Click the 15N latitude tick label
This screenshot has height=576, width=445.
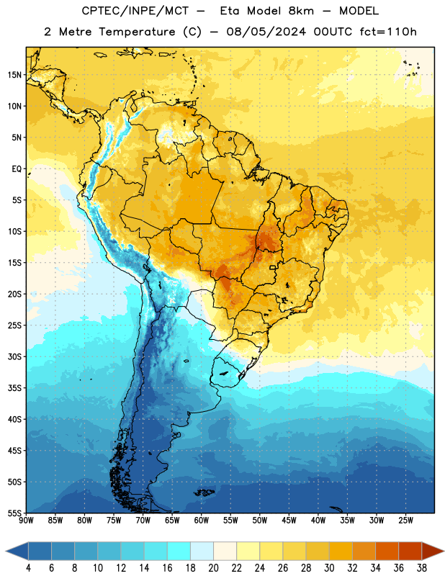(x=14, y=75)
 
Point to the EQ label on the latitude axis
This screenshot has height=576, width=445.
(x=17, y=169)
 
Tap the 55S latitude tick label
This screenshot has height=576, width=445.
(x=14, y=513)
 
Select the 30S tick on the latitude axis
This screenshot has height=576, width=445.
(x=14, y=356)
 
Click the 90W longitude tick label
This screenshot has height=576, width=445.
(x=26, y=521)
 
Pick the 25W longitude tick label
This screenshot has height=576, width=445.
(x=405, y=521)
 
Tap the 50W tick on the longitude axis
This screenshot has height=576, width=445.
(x=260, y=521)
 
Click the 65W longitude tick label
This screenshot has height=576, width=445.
(x=172, y=521)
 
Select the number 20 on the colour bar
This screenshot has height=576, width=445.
(x=213, y=568)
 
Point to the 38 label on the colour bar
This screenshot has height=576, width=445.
(x=422, y=568)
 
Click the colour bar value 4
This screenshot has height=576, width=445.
(x=28, y=568)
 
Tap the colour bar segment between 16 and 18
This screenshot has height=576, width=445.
(x=179, y=551)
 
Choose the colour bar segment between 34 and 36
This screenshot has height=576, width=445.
(x=387, y=551)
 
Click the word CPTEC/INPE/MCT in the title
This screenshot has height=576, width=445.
(x=135, y=11)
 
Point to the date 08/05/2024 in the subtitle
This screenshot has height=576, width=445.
(x=266, y=32)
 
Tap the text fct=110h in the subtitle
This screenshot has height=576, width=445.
(x=388, y=32)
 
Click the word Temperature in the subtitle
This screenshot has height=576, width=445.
(x=137, y=32)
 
